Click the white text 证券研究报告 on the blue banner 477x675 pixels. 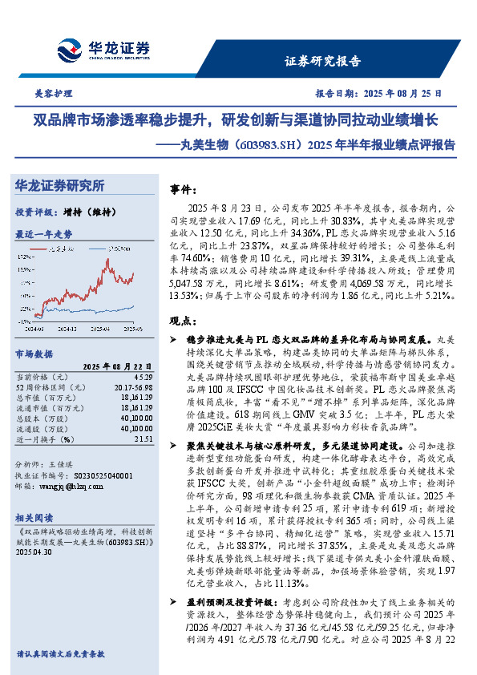pyautogui.click(x=323, y=61)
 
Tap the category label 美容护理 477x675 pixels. pyautogui.click(x=52, y=92)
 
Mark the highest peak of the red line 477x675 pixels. pyautogui.click(x=107, y=259)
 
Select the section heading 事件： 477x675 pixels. pyautogui.click(x=187, y=189)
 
